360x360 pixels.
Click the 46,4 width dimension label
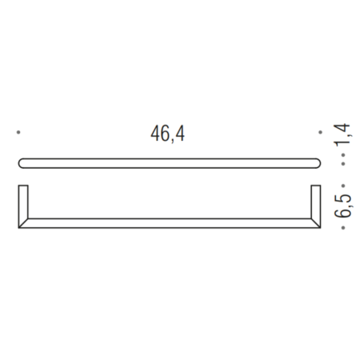click(x=168, y=134)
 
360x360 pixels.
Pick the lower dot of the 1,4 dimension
click(x=343, y=162)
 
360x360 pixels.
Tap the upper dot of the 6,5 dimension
click(x=343, y=183)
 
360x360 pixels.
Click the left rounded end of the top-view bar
click(x=22, y=164)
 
